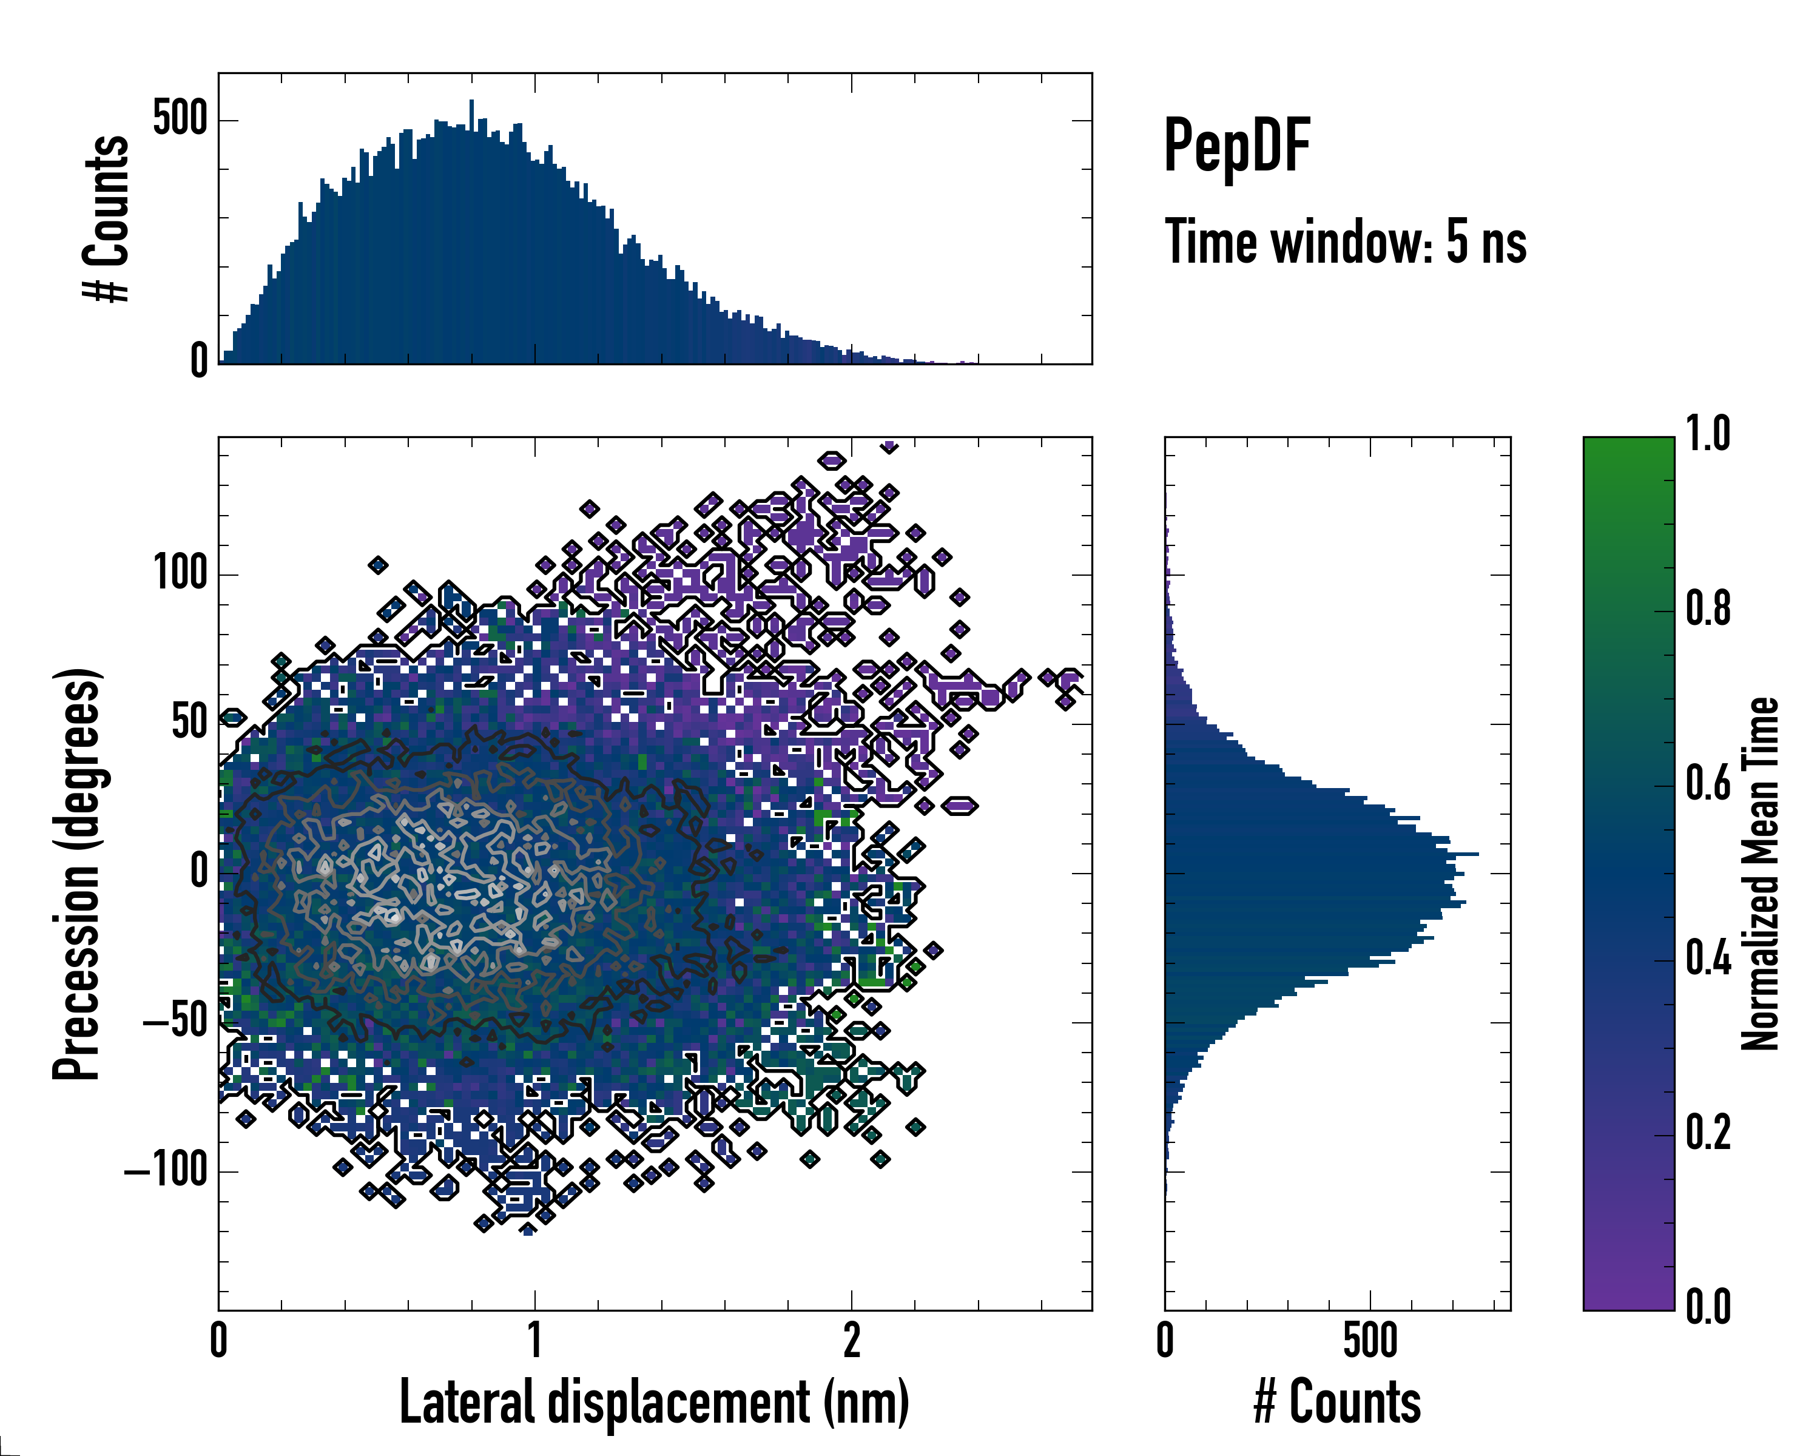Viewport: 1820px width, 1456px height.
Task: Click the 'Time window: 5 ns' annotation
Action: (1346, 242)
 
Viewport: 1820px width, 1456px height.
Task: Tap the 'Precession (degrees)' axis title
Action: (78, 874)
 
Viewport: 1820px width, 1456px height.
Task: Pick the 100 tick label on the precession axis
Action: (180, 574)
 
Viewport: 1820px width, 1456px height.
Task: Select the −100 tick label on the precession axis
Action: (166, 1171)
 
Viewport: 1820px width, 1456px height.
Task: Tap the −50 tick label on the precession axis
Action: (175, 1022)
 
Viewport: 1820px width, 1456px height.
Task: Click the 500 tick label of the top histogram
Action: (180, 119)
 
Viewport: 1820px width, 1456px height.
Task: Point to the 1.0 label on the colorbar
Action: (1708, 434)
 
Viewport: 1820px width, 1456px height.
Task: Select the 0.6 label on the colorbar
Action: (1708, 783)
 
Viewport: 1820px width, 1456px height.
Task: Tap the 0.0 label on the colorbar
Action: (1708, 1307)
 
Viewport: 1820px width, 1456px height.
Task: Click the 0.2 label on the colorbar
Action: (1708, 1133)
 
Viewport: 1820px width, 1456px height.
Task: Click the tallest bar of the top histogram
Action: (471, 232)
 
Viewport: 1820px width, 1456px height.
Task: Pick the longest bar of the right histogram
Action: (1321, 854)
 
